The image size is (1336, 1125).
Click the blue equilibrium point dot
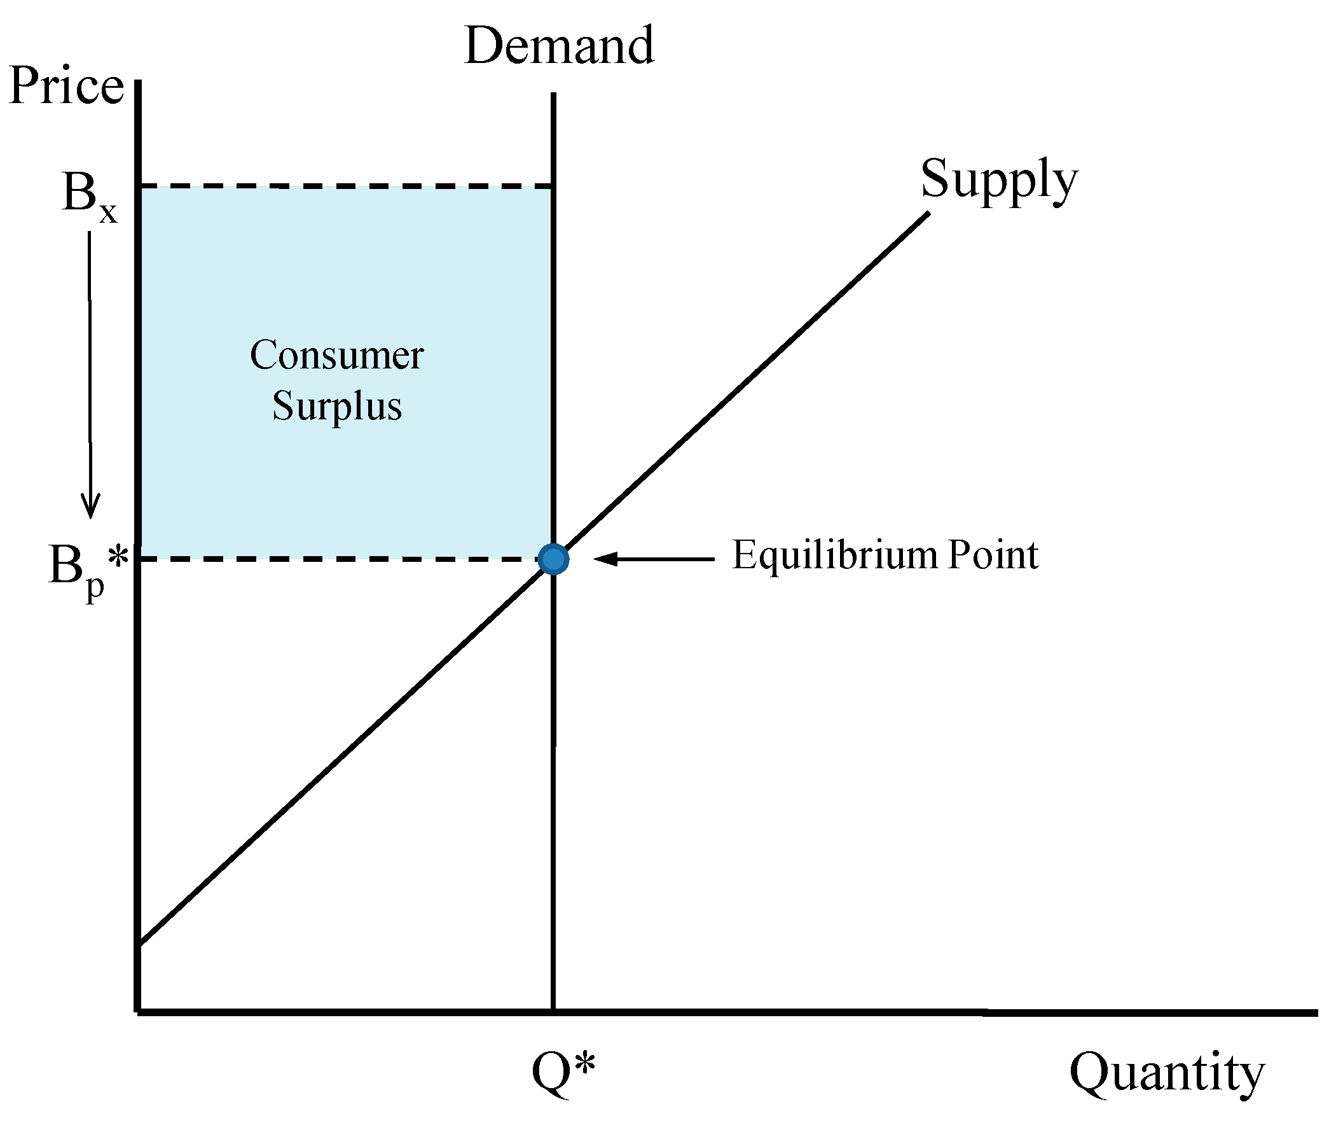pos(553,559)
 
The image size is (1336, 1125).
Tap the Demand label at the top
pos(559,46)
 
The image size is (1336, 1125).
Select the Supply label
pos(999,179)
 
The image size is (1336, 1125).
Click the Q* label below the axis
pos(563,1072)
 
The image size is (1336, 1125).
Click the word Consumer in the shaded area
pos(336,355)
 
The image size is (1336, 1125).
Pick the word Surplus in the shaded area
pos(337,406)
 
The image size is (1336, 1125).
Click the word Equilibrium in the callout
pos(834,555)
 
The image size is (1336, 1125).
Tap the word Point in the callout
pos(993,555)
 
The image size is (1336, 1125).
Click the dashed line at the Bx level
pos(344,186)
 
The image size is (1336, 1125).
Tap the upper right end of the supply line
pos(927,214)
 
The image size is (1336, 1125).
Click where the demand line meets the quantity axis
pos(553,1012)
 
